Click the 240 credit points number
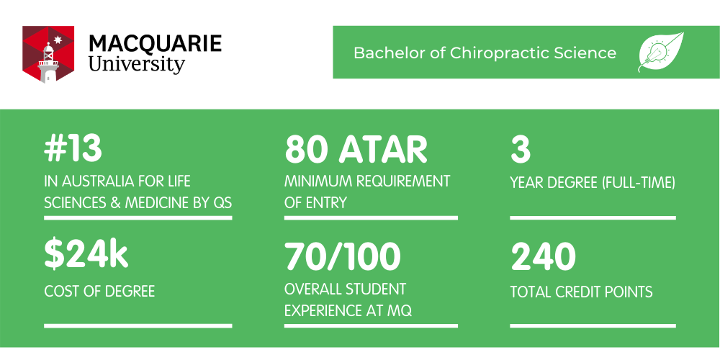click(543, 257)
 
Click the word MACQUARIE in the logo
click(156, 43)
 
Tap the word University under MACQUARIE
click(136, 64)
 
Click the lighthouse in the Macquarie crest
click(48, 63)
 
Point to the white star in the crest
click(58, 40)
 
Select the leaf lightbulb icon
click(661, 52)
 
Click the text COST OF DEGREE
click(99, 291)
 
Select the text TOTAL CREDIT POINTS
click(581, 292)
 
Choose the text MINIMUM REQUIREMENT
click(367, 181)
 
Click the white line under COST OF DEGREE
click(138, 326)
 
